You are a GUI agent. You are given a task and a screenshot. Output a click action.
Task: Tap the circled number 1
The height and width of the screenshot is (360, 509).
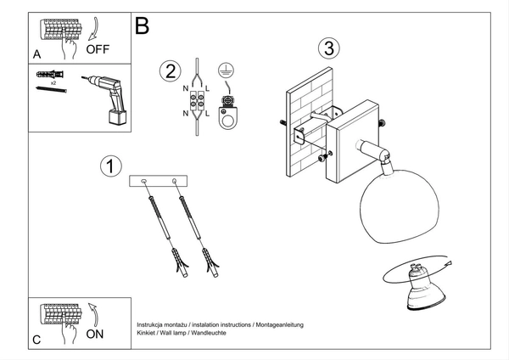[109, 166]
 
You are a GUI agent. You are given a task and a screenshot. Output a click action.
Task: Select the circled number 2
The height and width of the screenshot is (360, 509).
[171, 71]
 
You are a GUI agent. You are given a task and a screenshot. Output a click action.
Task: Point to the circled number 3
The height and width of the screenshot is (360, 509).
[329, 48]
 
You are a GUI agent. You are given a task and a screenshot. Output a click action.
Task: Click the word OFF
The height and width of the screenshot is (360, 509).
[98, 48]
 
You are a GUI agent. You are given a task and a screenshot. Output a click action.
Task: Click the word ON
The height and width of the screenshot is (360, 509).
[97, 334]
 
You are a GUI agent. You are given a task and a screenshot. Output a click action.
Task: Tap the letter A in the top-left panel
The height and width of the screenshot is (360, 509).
[36, 53]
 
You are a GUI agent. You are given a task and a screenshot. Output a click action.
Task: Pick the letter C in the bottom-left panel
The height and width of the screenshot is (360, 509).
[36, 340]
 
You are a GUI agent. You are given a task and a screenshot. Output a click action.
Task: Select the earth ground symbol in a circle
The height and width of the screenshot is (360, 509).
[226, 71]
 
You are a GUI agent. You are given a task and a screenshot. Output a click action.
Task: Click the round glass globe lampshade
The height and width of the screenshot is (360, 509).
[387, 204]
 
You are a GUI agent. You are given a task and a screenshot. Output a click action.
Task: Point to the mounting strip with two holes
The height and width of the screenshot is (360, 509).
[159, 180]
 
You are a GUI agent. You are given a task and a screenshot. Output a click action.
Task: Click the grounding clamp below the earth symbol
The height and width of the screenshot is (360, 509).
[227, 113]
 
